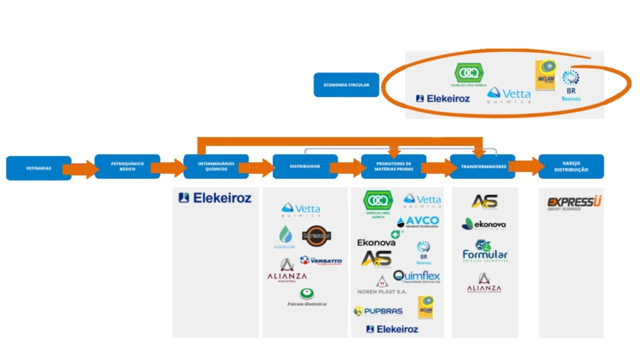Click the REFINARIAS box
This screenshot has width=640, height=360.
tap(39, 168)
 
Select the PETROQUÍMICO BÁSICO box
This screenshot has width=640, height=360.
tap(127, 167)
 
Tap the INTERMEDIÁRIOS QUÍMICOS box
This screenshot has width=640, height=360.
tap(216, 167)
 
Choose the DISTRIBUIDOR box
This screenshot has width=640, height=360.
tap(305, 167)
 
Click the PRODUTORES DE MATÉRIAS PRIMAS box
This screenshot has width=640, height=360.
tap(394, 167)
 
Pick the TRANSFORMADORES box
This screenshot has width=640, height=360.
tap(482, 167)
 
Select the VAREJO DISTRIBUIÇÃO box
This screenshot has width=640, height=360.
tap(571, 167)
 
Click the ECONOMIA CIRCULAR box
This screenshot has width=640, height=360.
tap(346, 85)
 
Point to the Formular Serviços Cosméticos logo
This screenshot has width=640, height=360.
tap(485, 251)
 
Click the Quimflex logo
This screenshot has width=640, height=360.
tap(416, 277)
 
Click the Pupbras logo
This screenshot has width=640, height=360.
tap(378, 311)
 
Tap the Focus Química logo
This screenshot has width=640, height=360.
tap(307, 297)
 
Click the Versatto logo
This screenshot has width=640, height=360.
tap(321, 261)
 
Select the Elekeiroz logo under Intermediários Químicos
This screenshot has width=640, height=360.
tap(215, 198)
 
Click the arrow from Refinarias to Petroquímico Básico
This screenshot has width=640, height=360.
tap(82, 168)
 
